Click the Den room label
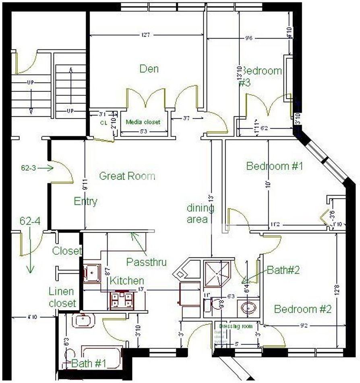149,69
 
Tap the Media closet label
143,122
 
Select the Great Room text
127,176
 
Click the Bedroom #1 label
274,166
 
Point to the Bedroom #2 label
302,309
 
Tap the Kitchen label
127,280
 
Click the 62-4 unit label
32,221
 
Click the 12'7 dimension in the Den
145,35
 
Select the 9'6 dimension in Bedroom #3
248,39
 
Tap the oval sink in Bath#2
248,308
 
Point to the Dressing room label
236,326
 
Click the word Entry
85,202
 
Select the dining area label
200,214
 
